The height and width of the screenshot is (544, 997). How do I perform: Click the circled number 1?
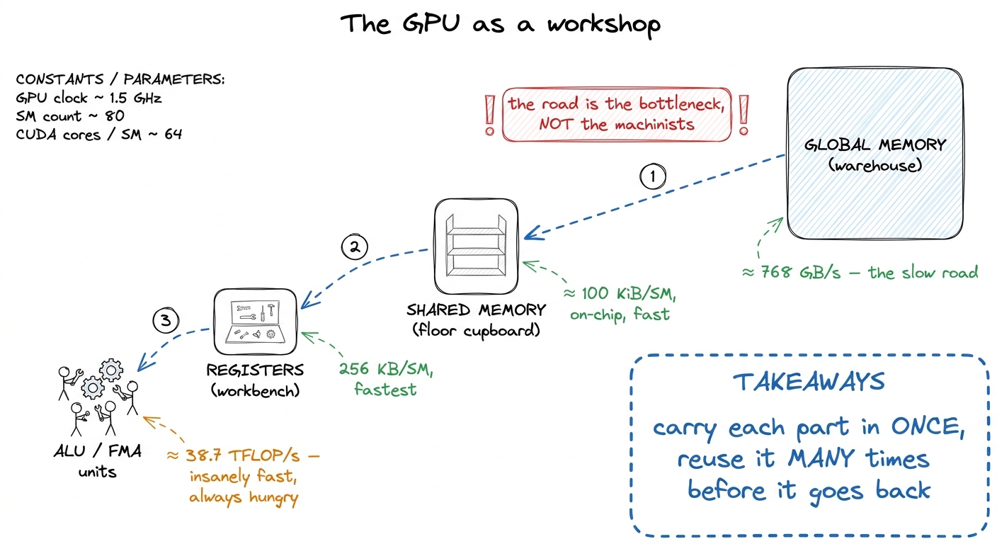coord(652,176)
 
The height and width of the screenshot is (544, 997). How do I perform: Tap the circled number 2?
coord(354,246)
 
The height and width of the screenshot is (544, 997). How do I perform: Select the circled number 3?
coord(166,320)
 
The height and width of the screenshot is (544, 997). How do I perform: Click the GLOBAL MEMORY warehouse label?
coord(874,155)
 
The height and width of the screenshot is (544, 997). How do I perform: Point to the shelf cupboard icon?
coord(476,246)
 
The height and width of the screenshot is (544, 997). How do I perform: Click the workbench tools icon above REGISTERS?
coord(255,322)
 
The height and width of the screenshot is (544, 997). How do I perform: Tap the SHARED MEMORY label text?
coord(477,310)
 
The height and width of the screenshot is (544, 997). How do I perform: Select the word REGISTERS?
coord(255,370)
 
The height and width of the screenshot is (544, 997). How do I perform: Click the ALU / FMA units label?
coord(98,461)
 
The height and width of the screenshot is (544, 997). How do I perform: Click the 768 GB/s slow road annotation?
coord(860,273)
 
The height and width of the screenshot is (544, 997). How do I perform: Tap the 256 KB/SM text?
coord(386,369)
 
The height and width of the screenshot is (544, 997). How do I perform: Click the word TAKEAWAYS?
coord(809,382)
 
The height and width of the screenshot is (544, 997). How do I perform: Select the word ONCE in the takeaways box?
coord(928,427)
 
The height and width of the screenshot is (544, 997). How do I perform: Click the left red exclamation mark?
coord(489,115)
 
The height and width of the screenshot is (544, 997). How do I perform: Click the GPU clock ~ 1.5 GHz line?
coord(89,98)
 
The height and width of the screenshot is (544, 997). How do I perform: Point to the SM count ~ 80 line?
coord(70,116)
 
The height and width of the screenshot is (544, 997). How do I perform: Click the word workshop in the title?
coord(603,25)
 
